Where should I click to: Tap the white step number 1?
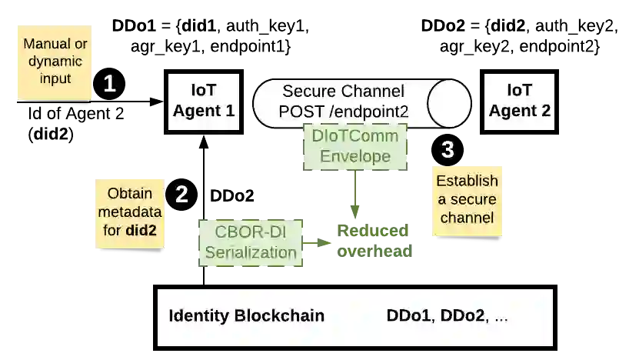click(x=110, y=84)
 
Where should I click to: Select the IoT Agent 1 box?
click(x=203, y=100)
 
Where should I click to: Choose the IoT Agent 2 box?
click(x=520, y=100)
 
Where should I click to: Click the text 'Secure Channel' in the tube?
click(x=343, y=92)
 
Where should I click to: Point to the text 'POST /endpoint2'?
click(x=343, y=112)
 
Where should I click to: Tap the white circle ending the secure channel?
click(x=449, y=104)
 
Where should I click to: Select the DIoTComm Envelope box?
click(x=354, y=147)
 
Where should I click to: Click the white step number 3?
click(x=448, y=149)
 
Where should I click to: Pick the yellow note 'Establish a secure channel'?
click(x=467, y=200)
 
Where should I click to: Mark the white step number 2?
click(x=181, y=195)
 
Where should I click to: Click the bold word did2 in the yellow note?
click(x=146, y=230)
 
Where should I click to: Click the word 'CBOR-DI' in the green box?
click(x=251, y=232)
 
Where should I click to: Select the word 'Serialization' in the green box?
click(x=251, y=252)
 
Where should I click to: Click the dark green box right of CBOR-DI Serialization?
click(x=372, y=240)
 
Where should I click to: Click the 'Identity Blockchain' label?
click(x=246, y=316)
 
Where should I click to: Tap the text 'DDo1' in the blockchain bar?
click(x=410, y=316)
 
